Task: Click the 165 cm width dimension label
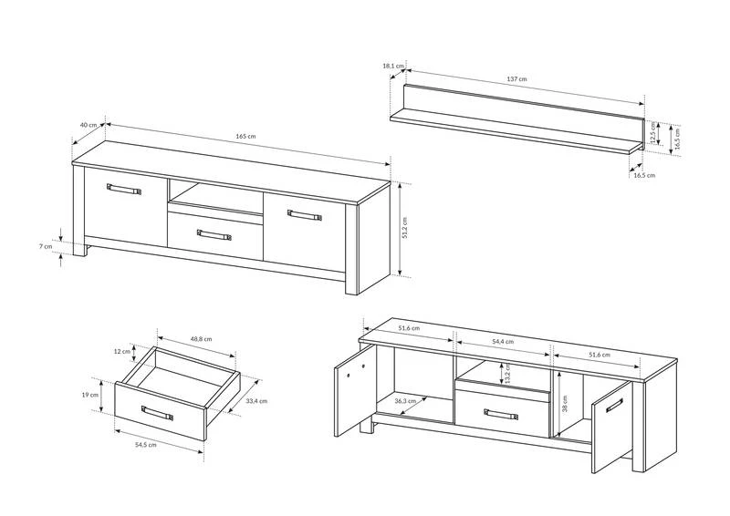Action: (x=245, y=137)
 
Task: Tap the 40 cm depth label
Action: (x=89, y=125)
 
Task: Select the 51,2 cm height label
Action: (x=404, y=229)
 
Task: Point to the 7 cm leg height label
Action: (x=46, y=246)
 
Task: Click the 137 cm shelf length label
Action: (x=516, y=79)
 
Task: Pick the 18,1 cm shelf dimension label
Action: (x=393, y=66)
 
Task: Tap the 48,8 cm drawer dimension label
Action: (x=201, y=339)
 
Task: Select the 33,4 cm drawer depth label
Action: (x=256, y=400)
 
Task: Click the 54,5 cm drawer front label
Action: (x=146, y=444)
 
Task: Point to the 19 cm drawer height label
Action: (x=90, y=395)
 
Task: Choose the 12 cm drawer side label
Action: (x=122, y=351)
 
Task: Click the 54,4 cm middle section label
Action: (x=503, y=341)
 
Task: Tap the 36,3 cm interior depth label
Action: (x=405, y=400)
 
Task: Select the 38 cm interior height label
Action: (x=565, y=403)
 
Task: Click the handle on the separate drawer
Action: (x=157, y=413)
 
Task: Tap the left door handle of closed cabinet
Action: (x=124, y=189)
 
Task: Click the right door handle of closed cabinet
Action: (x=305, y=215)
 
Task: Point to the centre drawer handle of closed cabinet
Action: (x=214, y=234)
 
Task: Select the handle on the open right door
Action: (x=614, y=405)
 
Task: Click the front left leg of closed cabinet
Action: (x=79, y=250)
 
